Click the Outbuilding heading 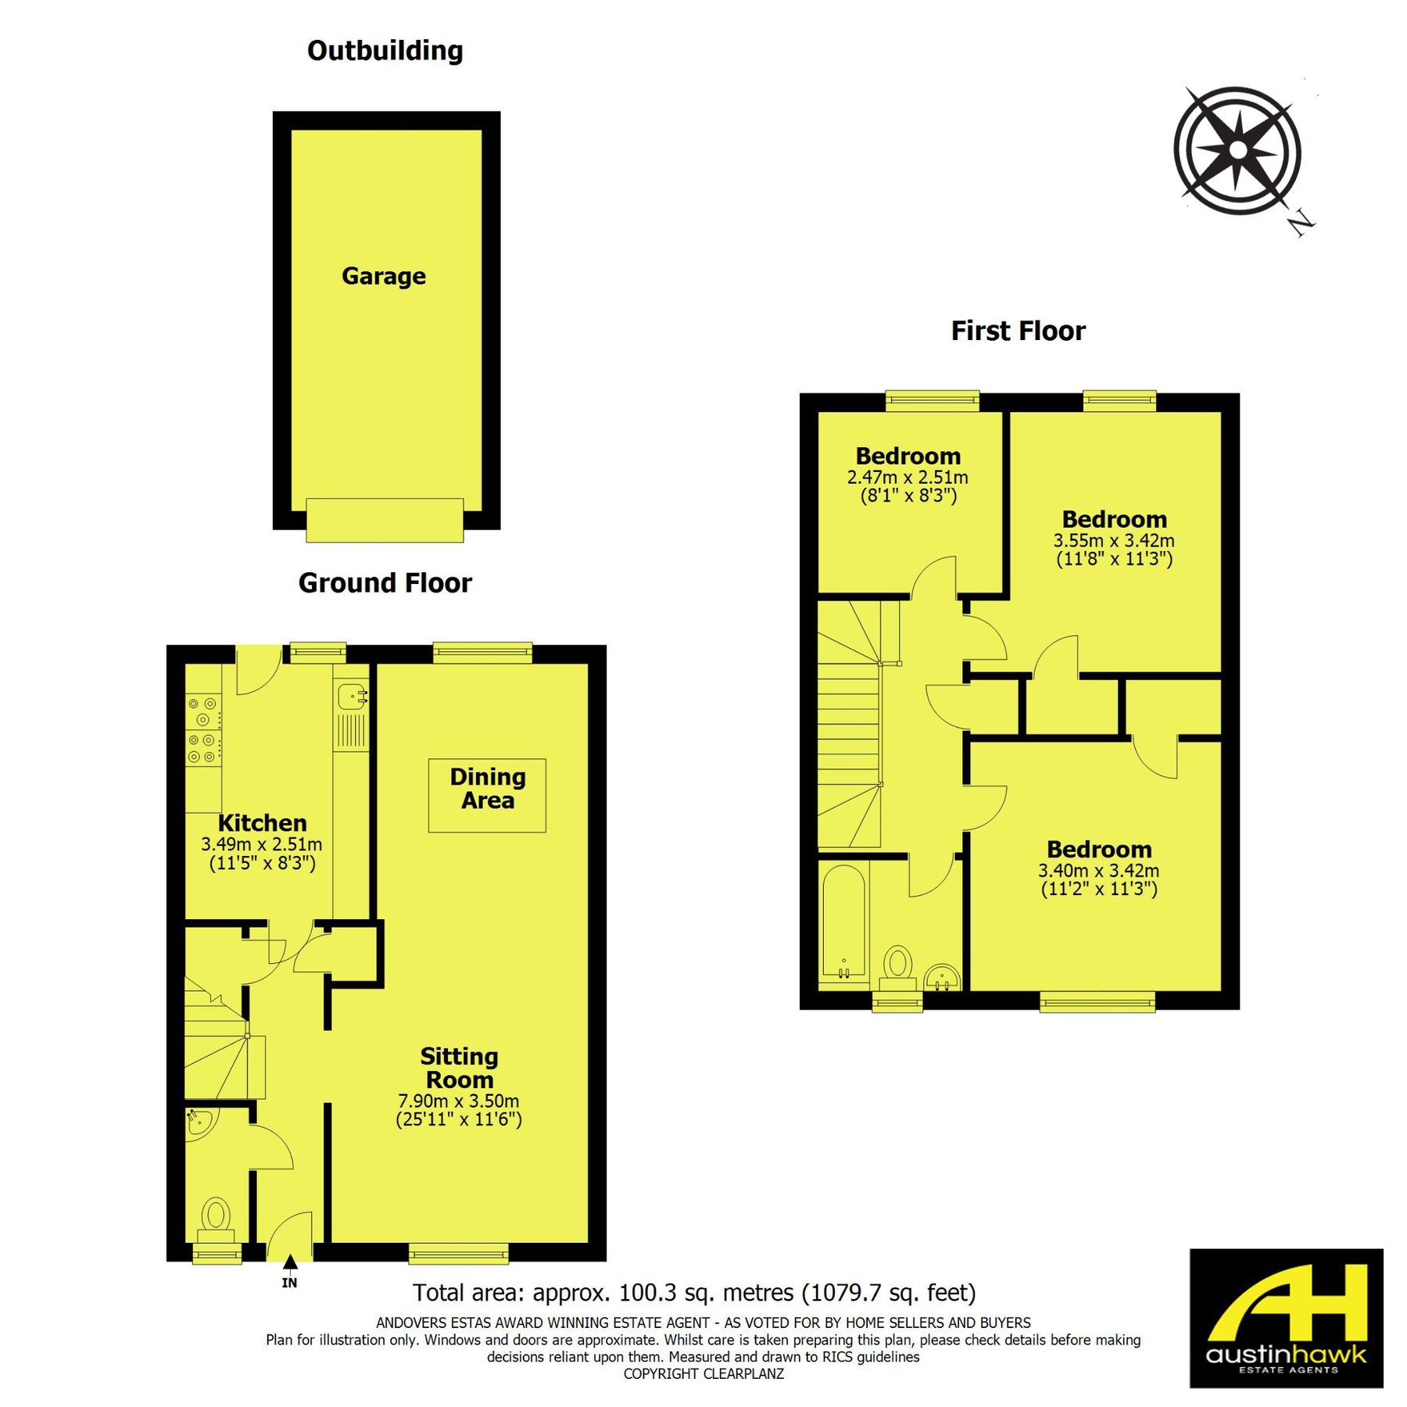(x=385, y=51)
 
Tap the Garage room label (x=384, y=276)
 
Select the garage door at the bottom (x=385, y=520)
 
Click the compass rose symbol (x=1237, y=151)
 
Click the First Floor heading (x=1018, y=331)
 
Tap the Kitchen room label (x=262, y=822)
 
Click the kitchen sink (x=351, y=694)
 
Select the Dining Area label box (x=487, y=795)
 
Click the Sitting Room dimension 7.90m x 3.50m (x=458, y=1101)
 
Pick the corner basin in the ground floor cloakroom (x=199, y=1122)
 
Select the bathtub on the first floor (x=844, y=922)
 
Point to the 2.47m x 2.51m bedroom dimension (x=908, y=477)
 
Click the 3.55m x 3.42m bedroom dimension (x=1114, y=540)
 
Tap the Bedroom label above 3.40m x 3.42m (x=1099, y=849)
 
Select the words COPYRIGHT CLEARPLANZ (x=703, y=1373)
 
